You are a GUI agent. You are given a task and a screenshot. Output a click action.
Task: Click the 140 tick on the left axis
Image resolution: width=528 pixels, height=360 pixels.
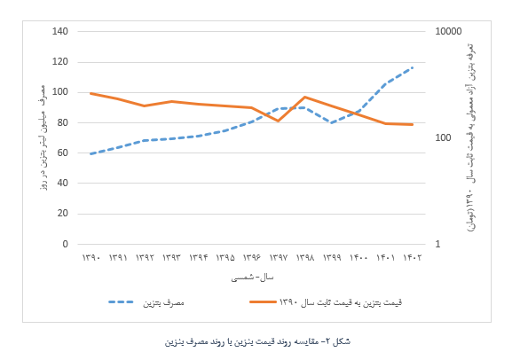coord(60,31)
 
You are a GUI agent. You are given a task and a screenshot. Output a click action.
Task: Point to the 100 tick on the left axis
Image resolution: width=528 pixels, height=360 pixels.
coord(60,92)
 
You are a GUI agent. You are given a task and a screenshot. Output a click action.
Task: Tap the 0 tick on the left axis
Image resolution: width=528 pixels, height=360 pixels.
coord(65,244)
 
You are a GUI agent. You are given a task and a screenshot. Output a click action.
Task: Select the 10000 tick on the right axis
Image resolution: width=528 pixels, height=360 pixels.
coord(448,31)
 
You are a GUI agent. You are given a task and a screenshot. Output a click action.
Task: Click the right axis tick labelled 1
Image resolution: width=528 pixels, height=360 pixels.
coord(437,244)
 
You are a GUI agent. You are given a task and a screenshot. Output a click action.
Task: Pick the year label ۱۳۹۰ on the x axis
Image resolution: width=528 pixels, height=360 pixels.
coord(91,258)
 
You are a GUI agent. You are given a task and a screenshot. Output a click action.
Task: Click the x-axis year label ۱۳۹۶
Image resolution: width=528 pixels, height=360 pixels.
coord(251,258)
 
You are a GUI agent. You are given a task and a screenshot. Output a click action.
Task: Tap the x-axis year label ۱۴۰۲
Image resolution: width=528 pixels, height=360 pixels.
coord(412,258)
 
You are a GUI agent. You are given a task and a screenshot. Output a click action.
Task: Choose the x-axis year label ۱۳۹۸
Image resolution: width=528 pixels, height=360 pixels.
coord(305,258)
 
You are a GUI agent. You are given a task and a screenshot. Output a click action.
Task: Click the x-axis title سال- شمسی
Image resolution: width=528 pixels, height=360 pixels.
coord(252,278)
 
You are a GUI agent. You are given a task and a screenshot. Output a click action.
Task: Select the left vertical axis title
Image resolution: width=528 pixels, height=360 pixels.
coord(43,137)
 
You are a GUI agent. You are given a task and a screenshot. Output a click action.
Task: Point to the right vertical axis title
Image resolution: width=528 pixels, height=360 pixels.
coord(471,137)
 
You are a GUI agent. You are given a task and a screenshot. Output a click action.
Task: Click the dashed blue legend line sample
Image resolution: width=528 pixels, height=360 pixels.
coord(121,301)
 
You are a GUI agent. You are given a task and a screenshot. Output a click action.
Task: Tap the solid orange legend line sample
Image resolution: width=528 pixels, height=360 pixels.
coord(263,301)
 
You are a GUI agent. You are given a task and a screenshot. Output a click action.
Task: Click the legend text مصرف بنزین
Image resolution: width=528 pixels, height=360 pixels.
coord(163,302)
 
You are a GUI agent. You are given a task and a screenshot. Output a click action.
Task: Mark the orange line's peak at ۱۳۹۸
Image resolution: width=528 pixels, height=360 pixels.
coord(305,97)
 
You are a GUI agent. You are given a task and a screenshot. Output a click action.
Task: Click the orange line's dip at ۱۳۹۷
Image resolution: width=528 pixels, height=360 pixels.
coord(279,121)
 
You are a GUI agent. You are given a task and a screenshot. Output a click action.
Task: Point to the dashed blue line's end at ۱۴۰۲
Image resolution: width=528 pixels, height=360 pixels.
coord(412,68)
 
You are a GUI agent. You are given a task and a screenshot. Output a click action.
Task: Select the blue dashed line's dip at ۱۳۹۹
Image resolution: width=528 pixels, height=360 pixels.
coord(332,122)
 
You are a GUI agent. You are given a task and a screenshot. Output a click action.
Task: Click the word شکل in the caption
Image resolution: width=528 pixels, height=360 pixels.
coord(342,342)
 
